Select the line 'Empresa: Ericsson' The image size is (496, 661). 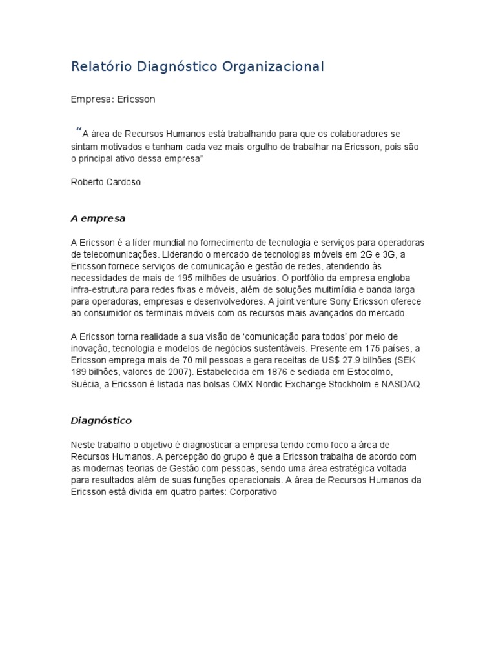[x=113, y=100]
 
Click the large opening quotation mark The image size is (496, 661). [x=79, y=132]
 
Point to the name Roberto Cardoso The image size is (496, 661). [x=105, y=182]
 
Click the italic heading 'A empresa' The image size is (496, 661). [x=98, y=218]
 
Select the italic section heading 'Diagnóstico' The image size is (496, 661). [x=101, y=420]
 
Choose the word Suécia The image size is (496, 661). [x=85, y=384]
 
